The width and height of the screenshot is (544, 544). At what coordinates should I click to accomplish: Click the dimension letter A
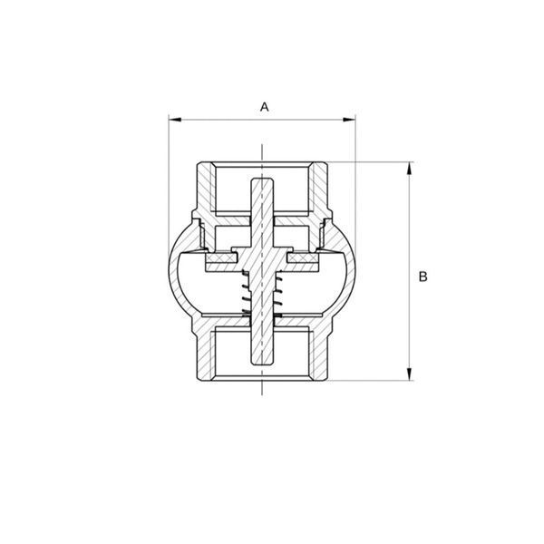pyautogui.click(x=265, y=107)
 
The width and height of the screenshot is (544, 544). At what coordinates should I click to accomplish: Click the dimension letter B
pyautogui.click(x=423, y=277)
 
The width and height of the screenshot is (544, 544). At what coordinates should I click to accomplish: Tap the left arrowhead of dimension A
pyautogui.click(x=175, y=120)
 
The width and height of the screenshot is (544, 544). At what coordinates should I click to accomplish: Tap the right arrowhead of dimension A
pyautogui.click(x=349, y=120)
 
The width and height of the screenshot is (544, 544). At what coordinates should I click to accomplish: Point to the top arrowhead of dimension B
pyautogui.click(x=410, y=169)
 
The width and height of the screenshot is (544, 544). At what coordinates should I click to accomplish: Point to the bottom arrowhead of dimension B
pyautogui.click(x=410, y=374)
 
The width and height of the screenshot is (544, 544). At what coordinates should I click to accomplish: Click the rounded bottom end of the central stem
pyautogui.click(x=262, y=362)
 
